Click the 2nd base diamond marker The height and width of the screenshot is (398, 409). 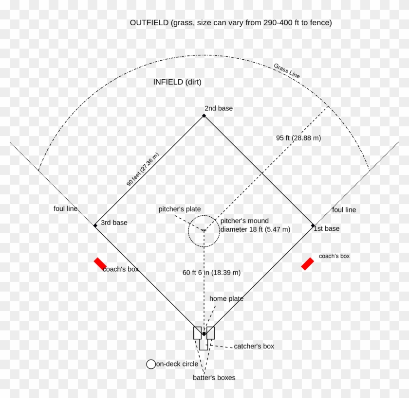[204, 116]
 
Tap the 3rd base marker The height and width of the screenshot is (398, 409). [95, 225]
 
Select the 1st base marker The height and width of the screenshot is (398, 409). [313, 225]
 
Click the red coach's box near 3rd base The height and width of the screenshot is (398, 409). [100, 264]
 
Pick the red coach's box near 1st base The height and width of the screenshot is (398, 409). [308, 264]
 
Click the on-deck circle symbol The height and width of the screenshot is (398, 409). [151, 364]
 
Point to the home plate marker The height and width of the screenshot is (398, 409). [204, 334]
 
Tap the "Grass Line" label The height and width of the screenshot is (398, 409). [287, 70]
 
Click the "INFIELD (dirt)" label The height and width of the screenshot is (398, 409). [177, 82]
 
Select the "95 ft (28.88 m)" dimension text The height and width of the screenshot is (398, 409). [298, 138]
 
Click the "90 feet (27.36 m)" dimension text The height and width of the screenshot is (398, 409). [143, 170]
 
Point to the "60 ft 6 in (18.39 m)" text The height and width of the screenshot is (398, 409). [211, 273]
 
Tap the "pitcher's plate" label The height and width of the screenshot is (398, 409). [180, 209]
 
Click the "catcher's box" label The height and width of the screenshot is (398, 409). [254, 346]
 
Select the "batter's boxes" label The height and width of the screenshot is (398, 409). [214, 378]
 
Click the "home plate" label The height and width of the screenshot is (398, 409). [226, 298]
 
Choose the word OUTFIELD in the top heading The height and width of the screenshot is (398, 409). [149, 23]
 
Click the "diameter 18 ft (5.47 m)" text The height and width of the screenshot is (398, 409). [255, 229]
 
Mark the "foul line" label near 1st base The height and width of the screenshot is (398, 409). [344, 210]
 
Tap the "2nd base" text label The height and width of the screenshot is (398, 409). [219, 108]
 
